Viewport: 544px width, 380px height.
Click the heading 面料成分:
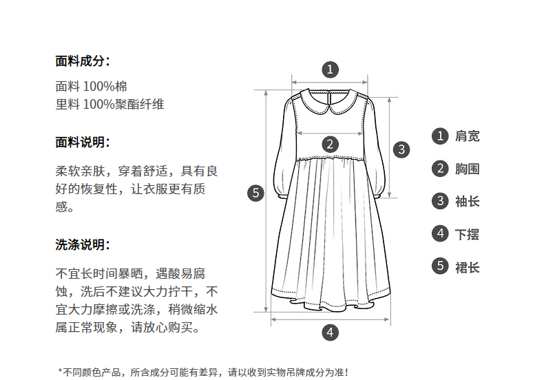(x=83, y=61)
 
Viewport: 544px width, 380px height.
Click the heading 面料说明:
(x=83, y=142)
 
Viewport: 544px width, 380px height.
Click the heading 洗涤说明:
(x=83, y=245)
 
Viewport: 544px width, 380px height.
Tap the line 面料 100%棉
(x=92, y=86)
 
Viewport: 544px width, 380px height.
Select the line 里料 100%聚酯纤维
(x=109, y=104)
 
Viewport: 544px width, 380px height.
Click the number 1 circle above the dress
(x=330, y=70)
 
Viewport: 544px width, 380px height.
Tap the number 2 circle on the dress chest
(x=330, y=144)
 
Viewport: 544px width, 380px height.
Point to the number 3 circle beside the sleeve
(x=401, y=149)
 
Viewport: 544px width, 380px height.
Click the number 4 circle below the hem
(x=330, y=332)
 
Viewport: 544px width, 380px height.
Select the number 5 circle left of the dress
(x=255, y=193)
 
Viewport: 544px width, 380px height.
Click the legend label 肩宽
(x=468, y=136)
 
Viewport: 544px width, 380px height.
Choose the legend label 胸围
(x=468, y=169)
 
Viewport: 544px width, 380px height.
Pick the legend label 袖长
(x=468, y=202)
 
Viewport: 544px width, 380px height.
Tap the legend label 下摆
(x=468, y=234)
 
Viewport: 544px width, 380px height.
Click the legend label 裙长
(x=468, y=267)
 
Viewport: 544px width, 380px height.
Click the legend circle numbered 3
(x=440, y=201)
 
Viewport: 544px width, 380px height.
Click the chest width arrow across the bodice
(x=330, y=133)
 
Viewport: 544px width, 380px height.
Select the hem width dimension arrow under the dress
(x=330, y=319)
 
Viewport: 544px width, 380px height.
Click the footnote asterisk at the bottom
(x=60, y=371)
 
